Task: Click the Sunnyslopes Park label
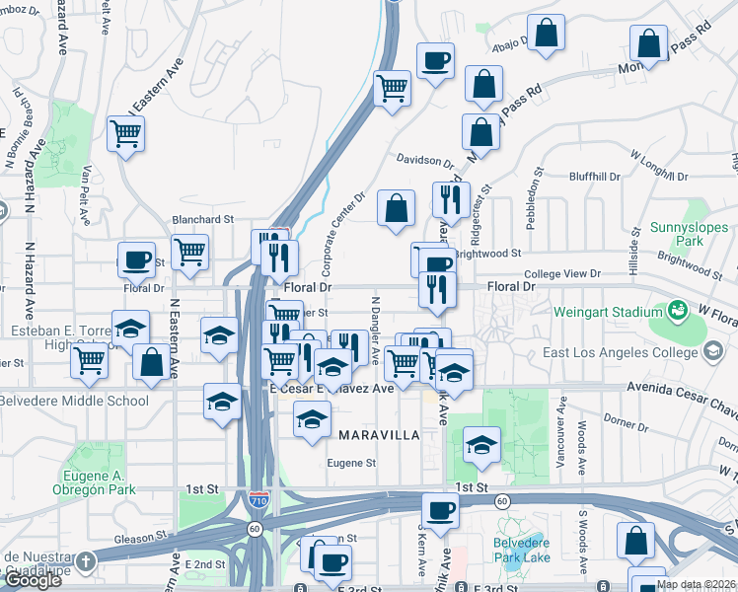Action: tap(682, 233)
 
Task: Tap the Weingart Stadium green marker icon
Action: tap(679, 311)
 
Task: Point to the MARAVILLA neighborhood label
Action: tap(380, 435)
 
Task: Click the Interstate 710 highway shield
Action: tap(258, 501)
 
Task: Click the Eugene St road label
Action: tap(352, 462)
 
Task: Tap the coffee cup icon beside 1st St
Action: tap(440, 511)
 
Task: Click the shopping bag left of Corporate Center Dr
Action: tap(396, 208)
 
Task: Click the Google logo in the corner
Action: tap(33, 580)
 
